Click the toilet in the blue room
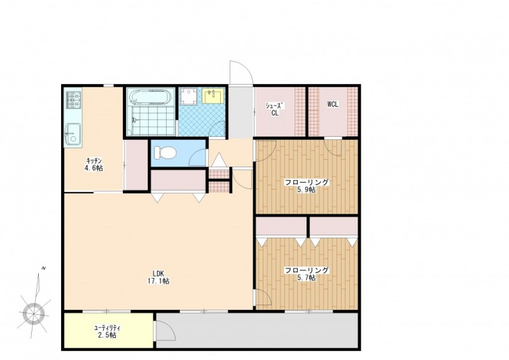(165, 152)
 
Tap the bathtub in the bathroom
(151, 97)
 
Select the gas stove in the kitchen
(74, 100)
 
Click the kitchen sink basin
(73, 134)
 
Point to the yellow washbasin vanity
(213, 96)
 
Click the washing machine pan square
(188, 97)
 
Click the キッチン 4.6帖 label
(94, 164)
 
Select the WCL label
(333, 104)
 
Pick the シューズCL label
(275, 109)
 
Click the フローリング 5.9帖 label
(307, 186)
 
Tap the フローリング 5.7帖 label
(307, 274)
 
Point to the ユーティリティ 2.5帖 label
(107, 331)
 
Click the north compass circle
(34, 312)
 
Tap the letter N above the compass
(43, 268)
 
